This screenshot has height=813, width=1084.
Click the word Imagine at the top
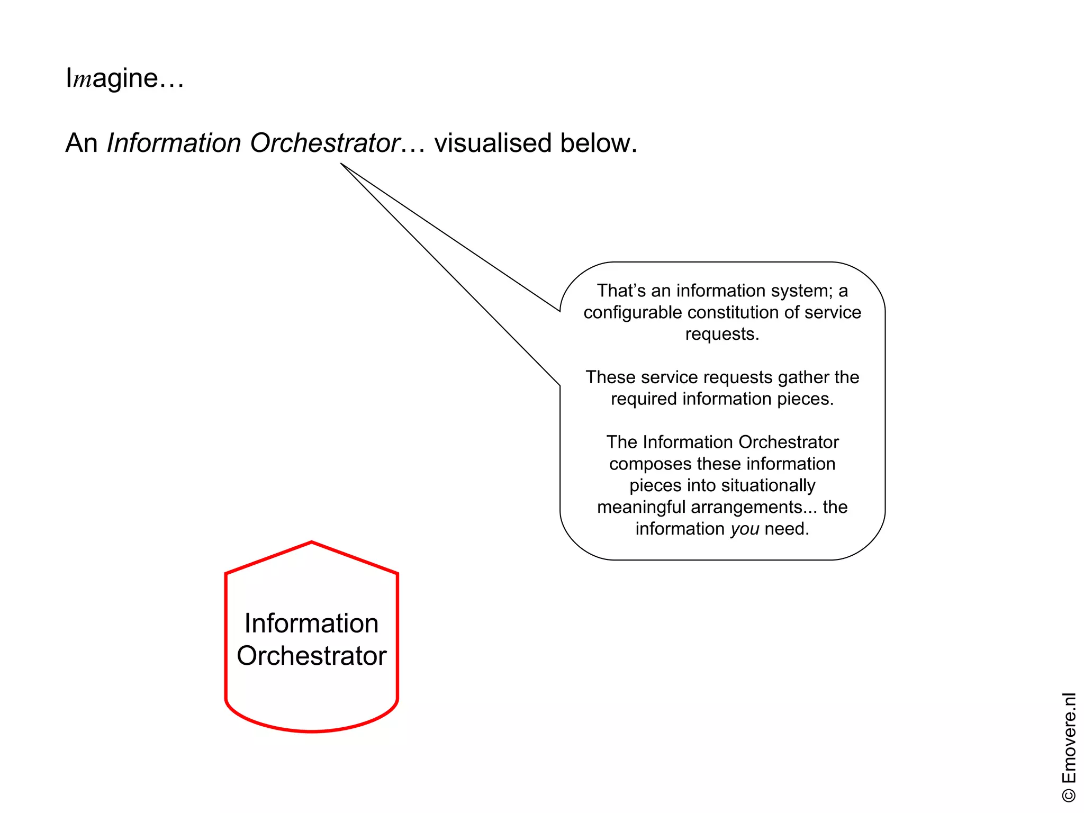pyautogui.click(x=112, y=79)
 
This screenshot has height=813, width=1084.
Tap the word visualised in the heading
pyautogui.click(x=493, y=143)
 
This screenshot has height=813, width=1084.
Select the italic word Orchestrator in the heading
pyautogui.click(x=324, y=143)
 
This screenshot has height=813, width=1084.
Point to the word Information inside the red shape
pyautogui.click(x=311, y=623)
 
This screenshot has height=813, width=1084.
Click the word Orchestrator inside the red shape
pyautogui.click(x=311, y=656)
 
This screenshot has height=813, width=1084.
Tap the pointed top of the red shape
pyautogui.click(x=312, y=542)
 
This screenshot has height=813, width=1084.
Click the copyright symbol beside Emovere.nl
pyautogui.click(x=1069, y=795)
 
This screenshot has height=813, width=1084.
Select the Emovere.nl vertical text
pyautogui.click(x=1069, y=738)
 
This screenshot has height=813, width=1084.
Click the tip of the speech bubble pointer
pyautogui.click(x=340, y=164)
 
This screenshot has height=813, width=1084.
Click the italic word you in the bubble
pyautogui.click(x=745, y=529)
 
